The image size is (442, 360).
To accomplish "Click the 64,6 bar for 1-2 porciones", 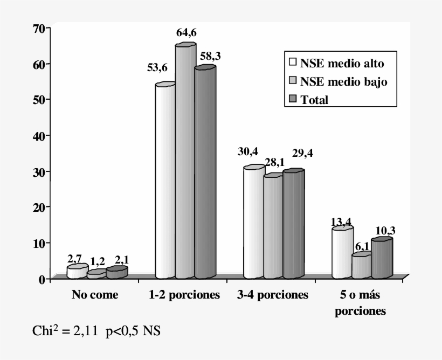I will coord(185,162).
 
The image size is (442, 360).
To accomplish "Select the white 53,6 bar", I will coord(165,181).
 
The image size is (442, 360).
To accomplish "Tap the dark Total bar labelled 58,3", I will coord(205,172).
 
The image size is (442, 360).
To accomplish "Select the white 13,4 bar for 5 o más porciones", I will coord(342,253).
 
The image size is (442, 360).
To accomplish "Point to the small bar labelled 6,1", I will coord(361,266).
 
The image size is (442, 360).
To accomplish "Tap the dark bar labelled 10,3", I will coord(382,259).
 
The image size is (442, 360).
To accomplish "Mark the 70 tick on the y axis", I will coord(38,28).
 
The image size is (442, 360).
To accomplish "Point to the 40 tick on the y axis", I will coord(38,135).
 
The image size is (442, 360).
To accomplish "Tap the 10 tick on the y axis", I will coord(38,243).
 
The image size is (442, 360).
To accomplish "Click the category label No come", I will coord(95,295).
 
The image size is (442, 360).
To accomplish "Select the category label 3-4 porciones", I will coord(273,295).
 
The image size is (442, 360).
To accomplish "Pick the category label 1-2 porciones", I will coord(184,295).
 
